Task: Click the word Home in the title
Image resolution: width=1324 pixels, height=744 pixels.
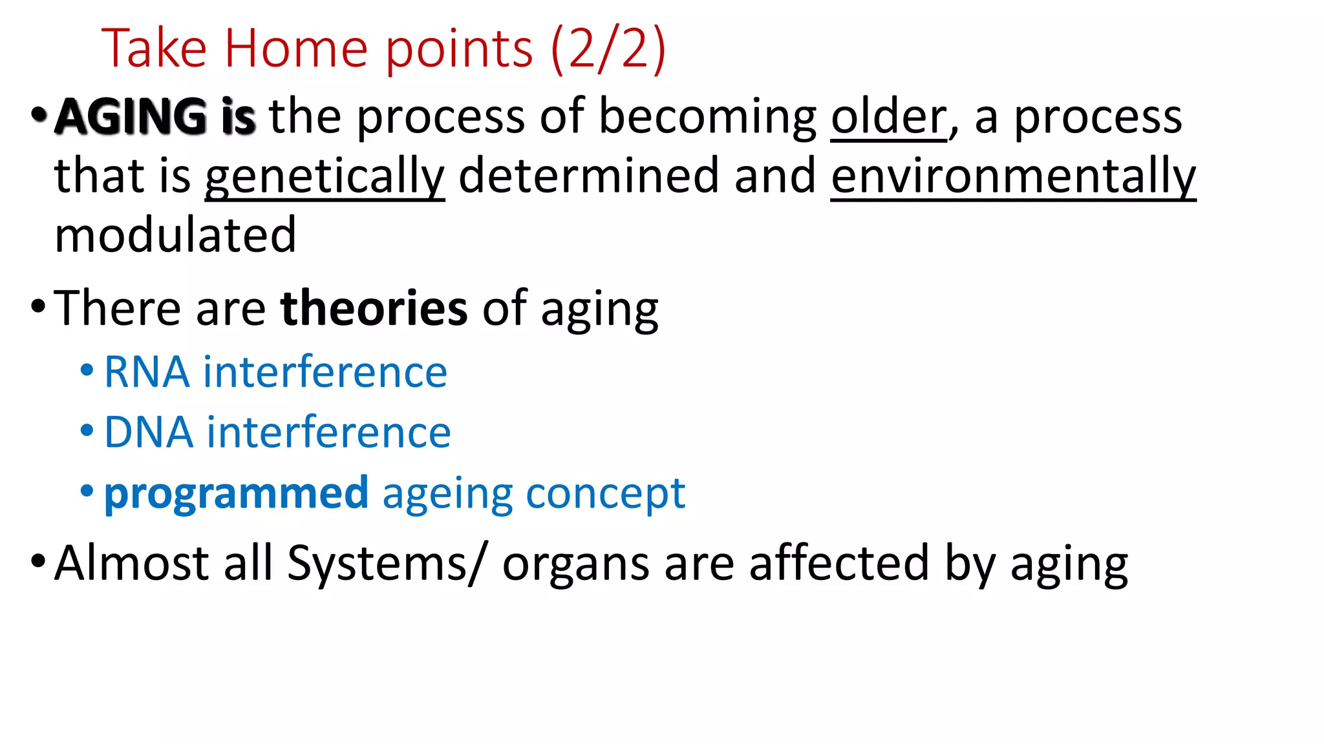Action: (x=296, y=49)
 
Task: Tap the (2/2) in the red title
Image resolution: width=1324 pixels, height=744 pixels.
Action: (x=608, y=49)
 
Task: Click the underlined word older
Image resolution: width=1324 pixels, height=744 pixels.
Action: (x=888, y=117)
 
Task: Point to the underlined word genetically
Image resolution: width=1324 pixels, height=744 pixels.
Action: (x=325, y=176)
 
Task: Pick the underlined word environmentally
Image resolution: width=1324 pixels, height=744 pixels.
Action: (x=1013, y=176)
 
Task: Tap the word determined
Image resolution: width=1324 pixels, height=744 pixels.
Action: (x=588, y=176)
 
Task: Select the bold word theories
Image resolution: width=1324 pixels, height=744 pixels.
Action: (x=374, y=308)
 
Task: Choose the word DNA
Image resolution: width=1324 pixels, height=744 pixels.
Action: (x=148, y=432)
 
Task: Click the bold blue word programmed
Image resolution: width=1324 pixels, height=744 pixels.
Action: (x=236, y=493)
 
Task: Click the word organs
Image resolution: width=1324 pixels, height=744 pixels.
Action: (x=575, y=564)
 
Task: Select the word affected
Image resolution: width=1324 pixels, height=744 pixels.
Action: (x=839, y=563)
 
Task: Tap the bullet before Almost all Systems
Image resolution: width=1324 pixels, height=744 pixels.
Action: (x=37, y=560)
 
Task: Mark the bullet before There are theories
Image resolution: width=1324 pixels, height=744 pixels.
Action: (x=37, y=305)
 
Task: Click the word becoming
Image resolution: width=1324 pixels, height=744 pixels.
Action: (x=708, y=117)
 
